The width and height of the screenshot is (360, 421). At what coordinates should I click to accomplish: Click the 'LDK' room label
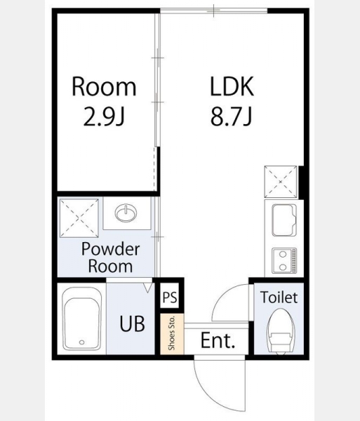tap(232, 86)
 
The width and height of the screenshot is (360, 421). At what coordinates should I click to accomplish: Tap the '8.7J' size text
tap(231, 116)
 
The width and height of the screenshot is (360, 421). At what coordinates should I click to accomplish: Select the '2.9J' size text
tap(104, 116)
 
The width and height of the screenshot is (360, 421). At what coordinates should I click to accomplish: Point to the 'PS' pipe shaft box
tap(170, 298)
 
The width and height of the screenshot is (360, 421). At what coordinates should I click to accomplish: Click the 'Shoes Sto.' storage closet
tap(172, 333)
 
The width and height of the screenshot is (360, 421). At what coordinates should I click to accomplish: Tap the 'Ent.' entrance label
tap(218, 340)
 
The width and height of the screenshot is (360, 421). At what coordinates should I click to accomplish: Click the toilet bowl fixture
tap(281, 331)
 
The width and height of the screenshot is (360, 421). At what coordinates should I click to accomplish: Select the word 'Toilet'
tap(279, 298)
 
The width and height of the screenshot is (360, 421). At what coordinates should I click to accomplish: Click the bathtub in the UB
tap(82, 319)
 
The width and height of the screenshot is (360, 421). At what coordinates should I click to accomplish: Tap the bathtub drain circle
tap(82, 342)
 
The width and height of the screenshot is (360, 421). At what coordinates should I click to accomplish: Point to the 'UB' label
tap(132, 323)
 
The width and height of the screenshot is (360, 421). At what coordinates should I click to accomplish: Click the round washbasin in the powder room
tap(126, 213)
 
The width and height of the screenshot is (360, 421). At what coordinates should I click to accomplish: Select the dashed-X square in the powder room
tap(79, 218)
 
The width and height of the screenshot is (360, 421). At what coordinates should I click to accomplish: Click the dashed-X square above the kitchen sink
tap(281, 182)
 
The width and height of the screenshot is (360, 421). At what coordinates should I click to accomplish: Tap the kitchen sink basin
tap(284, 220)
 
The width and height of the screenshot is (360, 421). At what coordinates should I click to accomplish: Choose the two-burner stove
tap(284, 261)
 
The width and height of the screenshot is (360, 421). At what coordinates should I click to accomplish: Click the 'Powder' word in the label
tap(110, 249)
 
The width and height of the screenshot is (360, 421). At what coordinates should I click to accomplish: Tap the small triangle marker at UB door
tap(147, 287)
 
